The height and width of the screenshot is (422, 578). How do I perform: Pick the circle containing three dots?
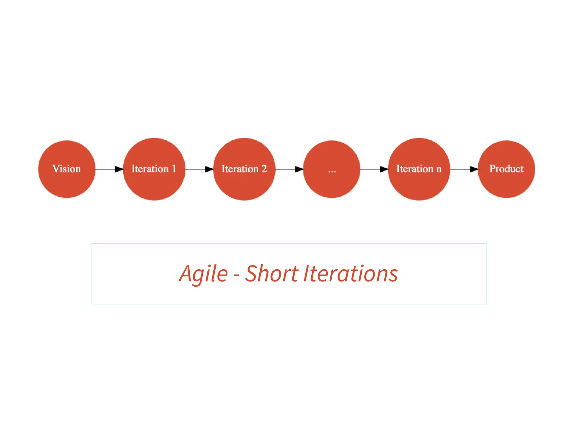click(332, 169)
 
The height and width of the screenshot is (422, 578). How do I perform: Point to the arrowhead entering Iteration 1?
click(119, 169)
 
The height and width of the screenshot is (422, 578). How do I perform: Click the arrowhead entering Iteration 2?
click(209, 169)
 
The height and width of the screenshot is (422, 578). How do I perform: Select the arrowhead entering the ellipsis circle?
click(299, 169)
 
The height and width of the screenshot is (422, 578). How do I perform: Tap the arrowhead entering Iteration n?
click(384, 169)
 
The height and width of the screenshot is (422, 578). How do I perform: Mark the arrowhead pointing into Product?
click(474, 169)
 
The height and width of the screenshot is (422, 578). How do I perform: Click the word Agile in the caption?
click(203, 274)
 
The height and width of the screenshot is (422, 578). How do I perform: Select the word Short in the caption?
click(272, 274)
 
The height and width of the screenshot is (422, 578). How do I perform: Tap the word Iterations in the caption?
click(351, 274)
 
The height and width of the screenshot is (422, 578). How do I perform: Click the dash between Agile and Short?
click(237, 275)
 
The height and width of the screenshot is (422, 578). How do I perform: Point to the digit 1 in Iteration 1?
click(174, 169)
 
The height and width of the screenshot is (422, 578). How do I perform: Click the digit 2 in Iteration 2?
click(264, 169)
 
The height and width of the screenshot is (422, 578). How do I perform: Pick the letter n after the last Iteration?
click(439, 169)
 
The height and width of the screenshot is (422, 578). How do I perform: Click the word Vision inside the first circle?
click(67, 169)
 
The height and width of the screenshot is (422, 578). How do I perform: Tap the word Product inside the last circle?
click(506, 169)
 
